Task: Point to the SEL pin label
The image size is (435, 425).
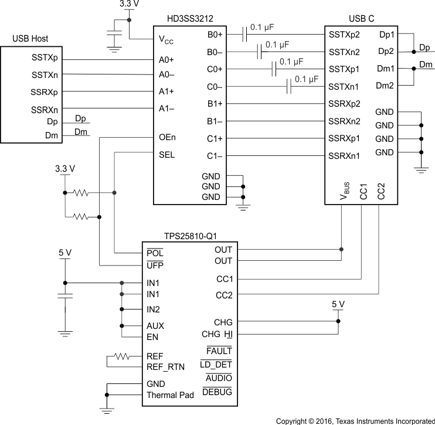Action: tap(166, 155)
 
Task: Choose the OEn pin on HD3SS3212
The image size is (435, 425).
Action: tap(167, 138)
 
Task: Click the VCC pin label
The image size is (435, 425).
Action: tap(166, 40)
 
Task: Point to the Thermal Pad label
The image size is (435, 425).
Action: tap(170, 395)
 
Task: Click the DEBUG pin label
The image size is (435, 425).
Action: tap(216, 392)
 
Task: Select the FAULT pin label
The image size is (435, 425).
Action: tap(219, 351)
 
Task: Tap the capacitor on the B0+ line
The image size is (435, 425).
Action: tap(246, 35)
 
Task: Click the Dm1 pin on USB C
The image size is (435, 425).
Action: tap(385, 69)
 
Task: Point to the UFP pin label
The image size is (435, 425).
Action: tap(155, 266)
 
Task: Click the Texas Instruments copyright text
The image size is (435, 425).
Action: tap(355, 420)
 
